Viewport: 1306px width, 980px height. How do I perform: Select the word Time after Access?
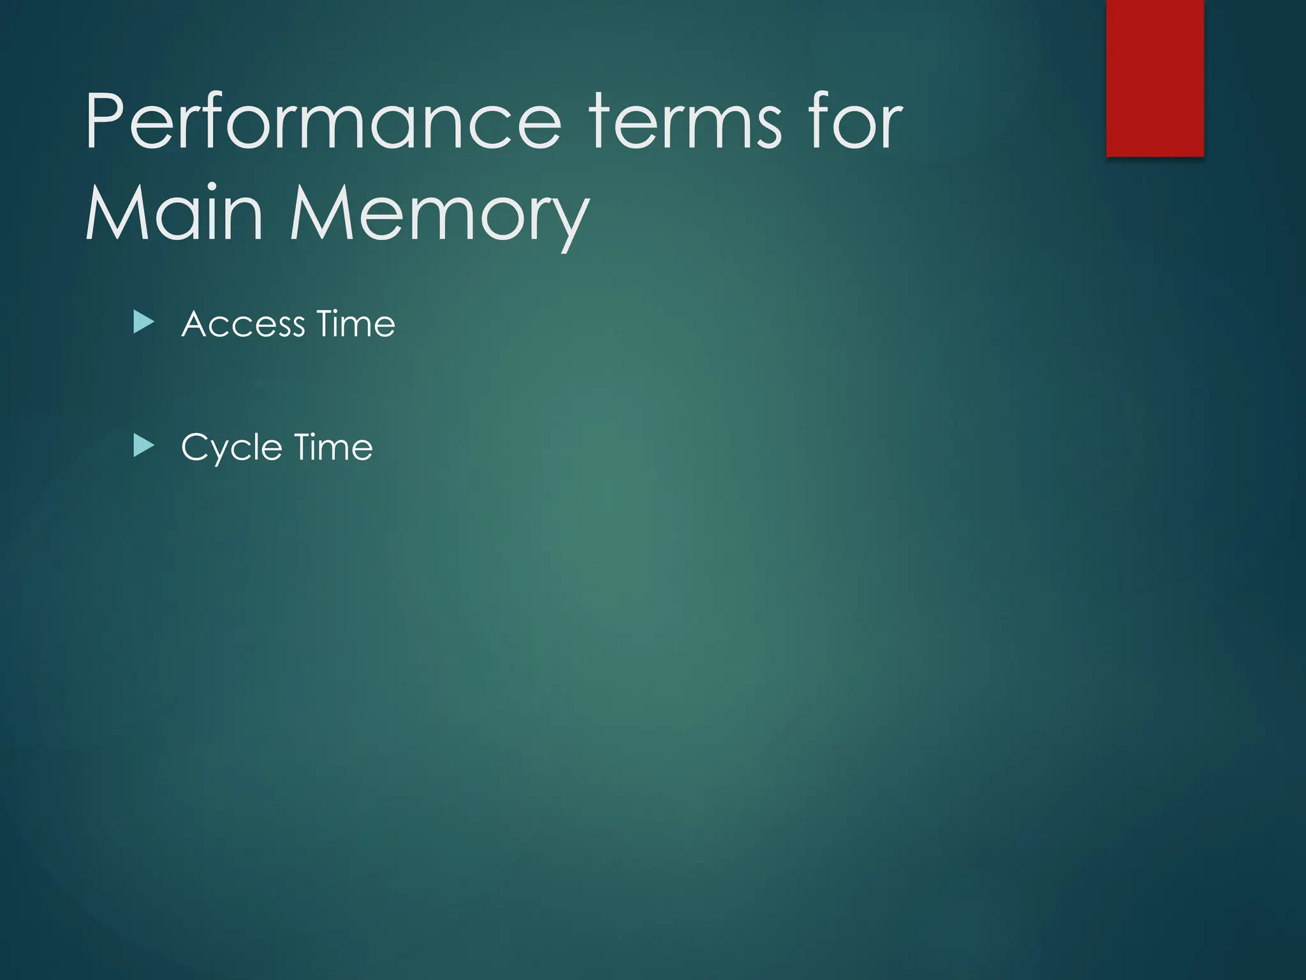356,324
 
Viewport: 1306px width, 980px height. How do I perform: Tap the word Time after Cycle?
333,447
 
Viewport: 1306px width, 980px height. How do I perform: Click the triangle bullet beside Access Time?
143,323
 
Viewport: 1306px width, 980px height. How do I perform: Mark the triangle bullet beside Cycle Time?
143,446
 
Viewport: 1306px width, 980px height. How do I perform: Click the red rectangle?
1155,78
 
